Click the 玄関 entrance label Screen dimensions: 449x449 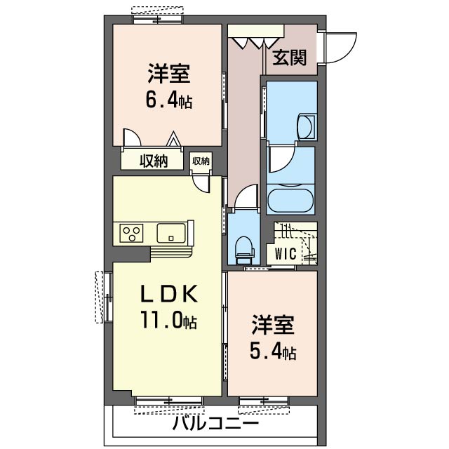(289, 58)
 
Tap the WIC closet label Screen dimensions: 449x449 (285, 253)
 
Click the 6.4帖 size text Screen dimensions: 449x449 (168, 100)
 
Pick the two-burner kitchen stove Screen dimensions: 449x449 (131, 232)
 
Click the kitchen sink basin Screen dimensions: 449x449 (170, 232)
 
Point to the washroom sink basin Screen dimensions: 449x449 (306, 126)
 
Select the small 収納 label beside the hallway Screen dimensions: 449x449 (201, 161)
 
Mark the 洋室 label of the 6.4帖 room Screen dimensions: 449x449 (169, 74)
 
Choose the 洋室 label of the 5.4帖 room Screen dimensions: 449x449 (273, 325)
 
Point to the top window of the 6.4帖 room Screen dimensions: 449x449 (161, 15)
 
